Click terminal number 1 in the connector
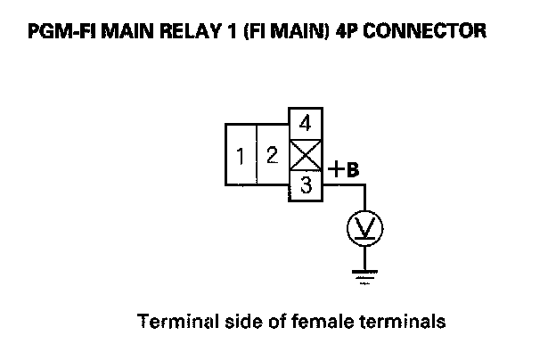(x=241, y=157)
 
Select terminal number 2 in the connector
(x=272, y=156)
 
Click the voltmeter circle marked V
(x=364, y=229)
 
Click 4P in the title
(x=348, y=32)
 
